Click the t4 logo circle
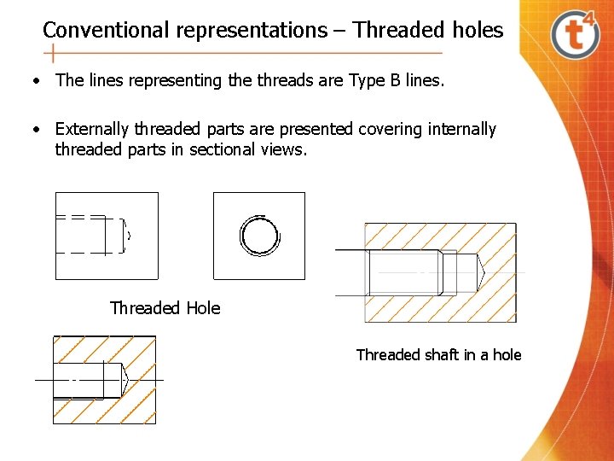pyautogui.click(x=576, y=35)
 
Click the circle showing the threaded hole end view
pyautogui.click(x=259, y=235)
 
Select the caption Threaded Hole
pyautogui.click(x=165, y=308)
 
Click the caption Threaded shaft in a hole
pyautogui.click(x=438, y=355)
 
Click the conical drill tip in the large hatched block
pyautogui.click(x=480, y=272)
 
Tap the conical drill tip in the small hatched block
pyautogui.click(x=125, y=378)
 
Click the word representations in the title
pyautogui.click(x=251, y=31)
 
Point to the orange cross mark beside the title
pyautogui.click(x=53, y=54)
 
